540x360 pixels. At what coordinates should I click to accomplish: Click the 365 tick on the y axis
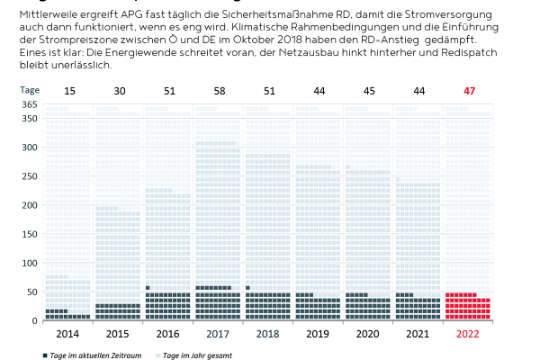[x=29, y=105]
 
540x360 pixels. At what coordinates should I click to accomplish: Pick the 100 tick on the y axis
[x=29, y=263]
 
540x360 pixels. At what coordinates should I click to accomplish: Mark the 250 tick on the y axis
[x=29, y=177]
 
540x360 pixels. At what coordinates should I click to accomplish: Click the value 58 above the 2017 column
[x=219, y=91]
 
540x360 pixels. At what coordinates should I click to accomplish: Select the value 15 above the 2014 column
[x=69, y=91]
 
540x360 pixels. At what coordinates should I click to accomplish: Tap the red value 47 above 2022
[x=468, y=91]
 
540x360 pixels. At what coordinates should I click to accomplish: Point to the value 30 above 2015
[x=119, y=91]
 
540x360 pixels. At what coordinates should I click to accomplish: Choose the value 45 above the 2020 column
[x=369, y=91]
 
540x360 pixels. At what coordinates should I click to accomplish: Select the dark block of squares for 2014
[x=69, y=313]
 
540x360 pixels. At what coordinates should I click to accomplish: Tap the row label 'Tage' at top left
[x=31, y=90]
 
